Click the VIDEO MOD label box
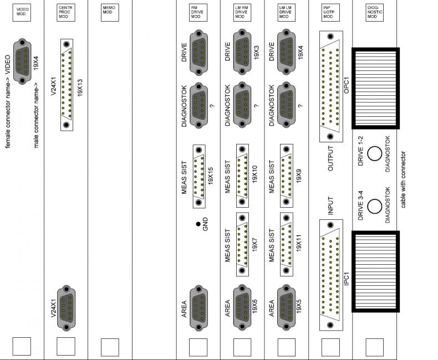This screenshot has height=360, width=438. (x=21, y=13)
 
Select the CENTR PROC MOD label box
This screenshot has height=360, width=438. (x=65, y=13)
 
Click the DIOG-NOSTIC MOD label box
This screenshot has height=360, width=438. (x=374, y=13)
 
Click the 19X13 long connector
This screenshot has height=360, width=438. (x=66, y=84)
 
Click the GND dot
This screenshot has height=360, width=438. (x=198, y=224)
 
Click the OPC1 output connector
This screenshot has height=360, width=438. (x=330, y=86)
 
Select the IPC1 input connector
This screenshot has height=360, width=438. (x=330, y=275)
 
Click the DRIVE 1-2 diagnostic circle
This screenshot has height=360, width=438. (x=374, y=154)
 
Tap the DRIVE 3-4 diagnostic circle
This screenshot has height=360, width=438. (x=374, y=206)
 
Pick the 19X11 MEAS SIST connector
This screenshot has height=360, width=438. (x=286, y=244)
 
